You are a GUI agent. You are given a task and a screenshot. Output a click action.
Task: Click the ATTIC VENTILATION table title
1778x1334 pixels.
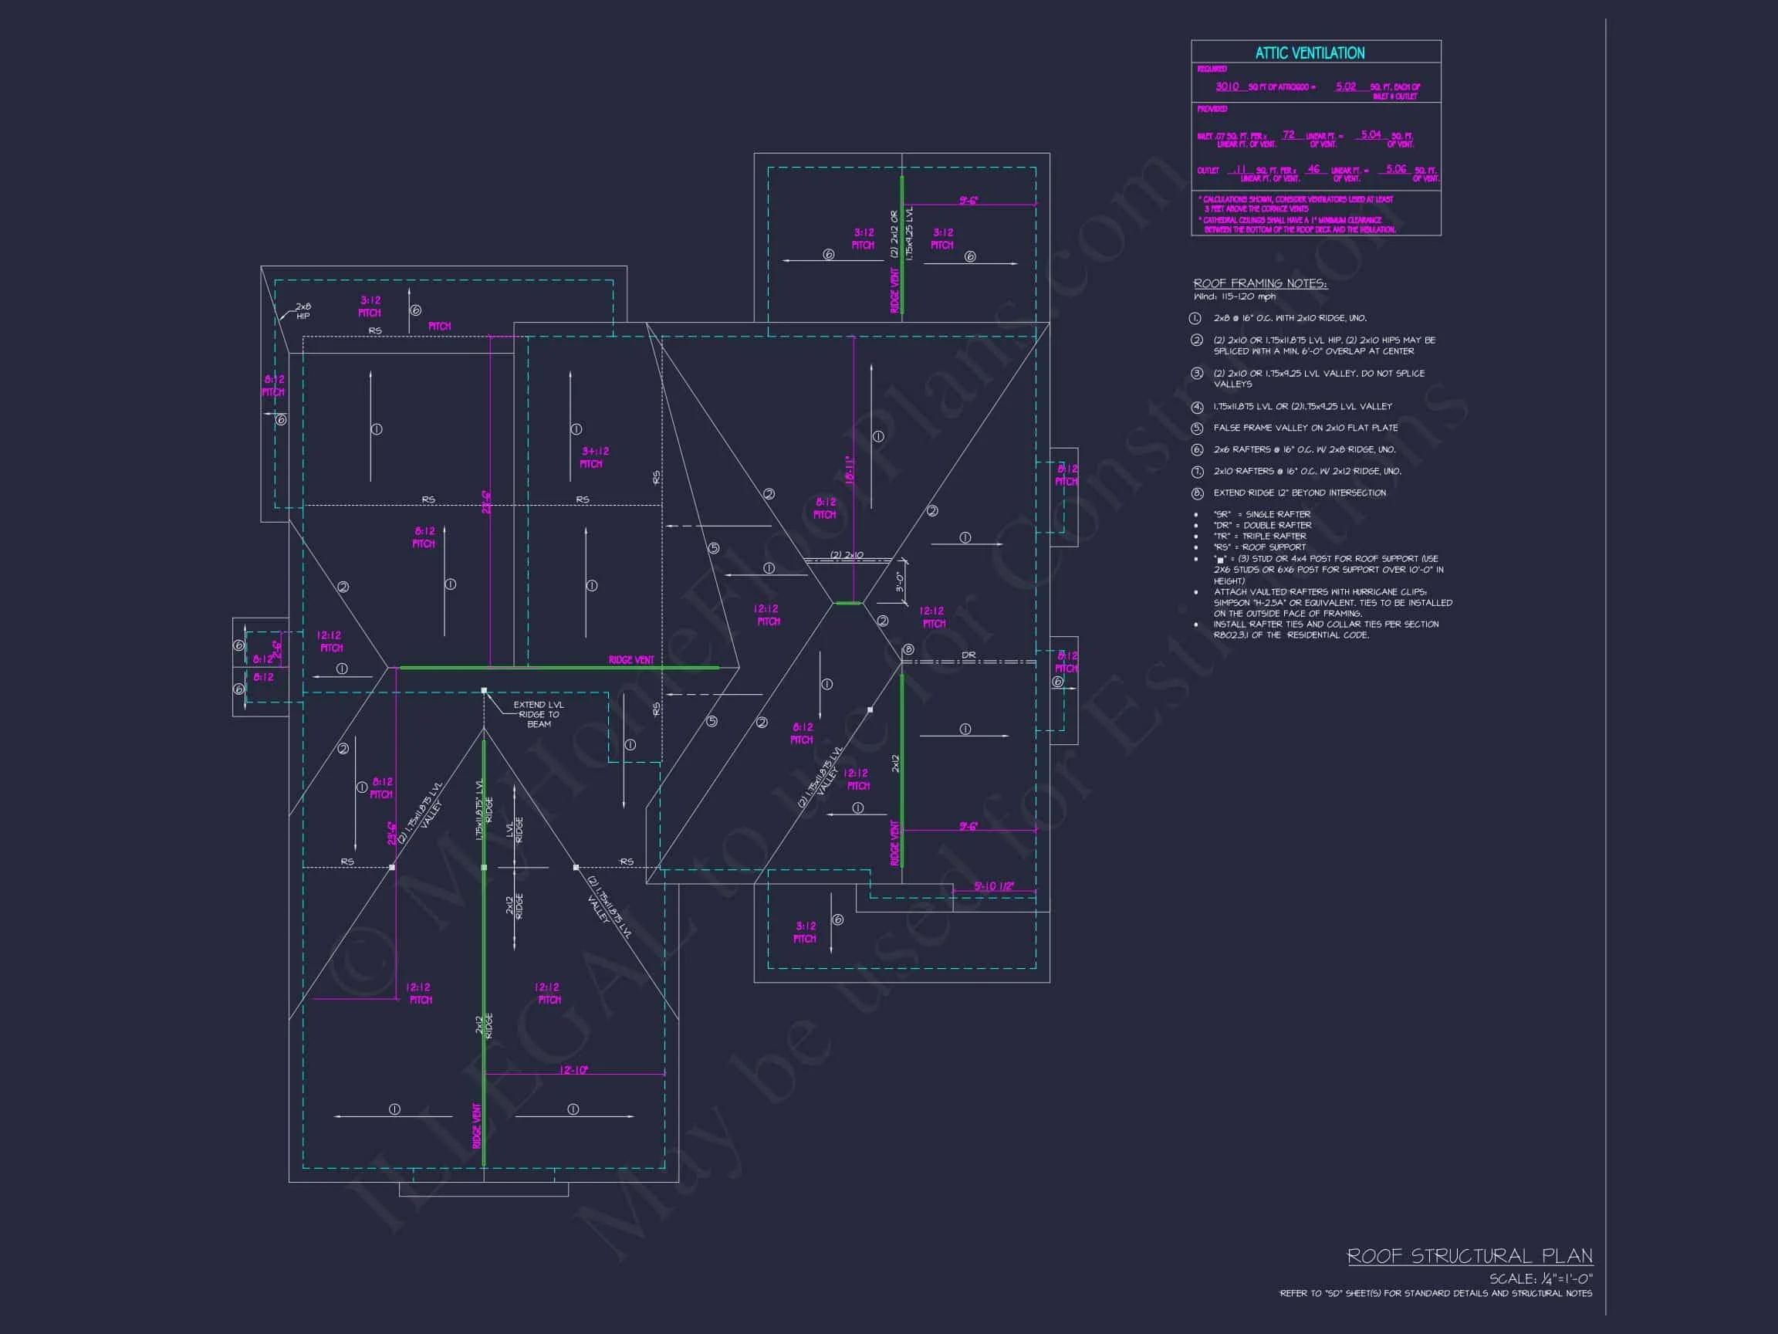tap(1310, 53)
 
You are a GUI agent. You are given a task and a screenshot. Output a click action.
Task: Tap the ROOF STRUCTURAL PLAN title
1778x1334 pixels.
tap(1469, 1256)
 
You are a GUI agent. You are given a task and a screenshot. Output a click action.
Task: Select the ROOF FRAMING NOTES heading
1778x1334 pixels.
tap(1259, 284)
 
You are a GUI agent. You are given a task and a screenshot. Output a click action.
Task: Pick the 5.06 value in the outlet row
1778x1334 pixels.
tap(1396, 169)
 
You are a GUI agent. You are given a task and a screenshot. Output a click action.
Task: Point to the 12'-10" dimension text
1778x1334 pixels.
tap(574, 1069)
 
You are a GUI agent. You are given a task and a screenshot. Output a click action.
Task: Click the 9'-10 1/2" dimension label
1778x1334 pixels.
tap(993, 886)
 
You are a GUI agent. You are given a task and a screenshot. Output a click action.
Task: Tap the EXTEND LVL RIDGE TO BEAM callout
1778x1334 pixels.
tap(539, 714)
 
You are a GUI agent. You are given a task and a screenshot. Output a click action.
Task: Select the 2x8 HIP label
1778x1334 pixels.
tap(303, 311)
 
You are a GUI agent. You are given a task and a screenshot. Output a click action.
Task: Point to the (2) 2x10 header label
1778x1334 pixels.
tap(847, 556)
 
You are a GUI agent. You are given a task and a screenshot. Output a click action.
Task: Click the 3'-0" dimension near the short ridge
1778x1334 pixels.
tap(901, 581)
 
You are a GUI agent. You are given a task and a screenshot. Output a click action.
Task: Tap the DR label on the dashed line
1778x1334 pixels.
tap(968, 655)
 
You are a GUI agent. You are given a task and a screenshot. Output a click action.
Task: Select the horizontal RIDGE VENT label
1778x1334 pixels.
tap(631, 660)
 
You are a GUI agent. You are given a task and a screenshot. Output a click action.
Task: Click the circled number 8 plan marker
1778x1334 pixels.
tap(908, 650)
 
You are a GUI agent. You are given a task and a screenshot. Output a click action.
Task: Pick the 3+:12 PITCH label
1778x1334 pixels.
tap(595, 458)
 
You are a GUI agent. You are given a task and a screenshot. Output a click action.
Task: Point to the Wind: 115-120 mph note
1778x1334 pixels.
tap(1234, 296)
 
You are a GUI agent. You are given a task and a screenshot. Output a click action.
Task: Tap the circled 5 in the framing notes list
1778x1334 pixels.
tap(1197, 428)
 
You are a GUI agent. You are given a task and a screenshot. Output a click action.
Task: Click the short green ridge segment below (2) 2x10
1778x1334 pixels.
tap(847, 603)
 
